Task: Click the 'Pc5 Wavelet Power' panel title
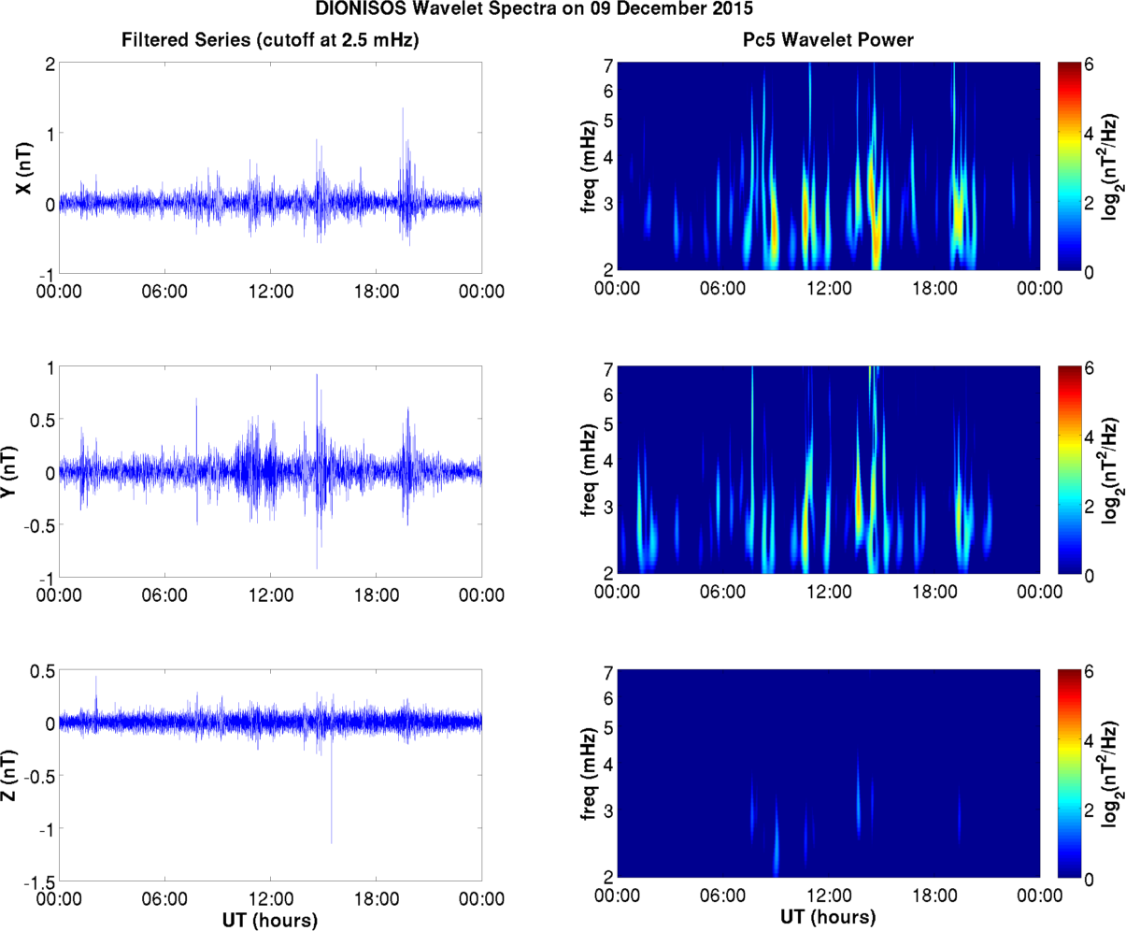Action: point(822,39)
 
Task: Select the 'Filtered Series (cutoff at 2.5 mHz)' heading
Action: point(270,39)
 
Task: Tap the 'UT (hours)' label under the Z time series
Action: point(270,920)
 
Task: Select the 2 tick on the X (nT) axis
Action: point(50,64)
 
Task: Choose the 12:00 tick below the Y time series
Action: point(270,595)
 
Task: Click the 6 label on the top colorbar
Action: point(1089,66)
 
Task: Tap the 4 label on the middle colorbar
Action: point(1089,437)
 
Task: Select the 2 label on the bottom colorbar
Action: point(1089,809)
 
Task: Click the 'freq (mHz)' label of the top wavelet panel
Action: point(588,166)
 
